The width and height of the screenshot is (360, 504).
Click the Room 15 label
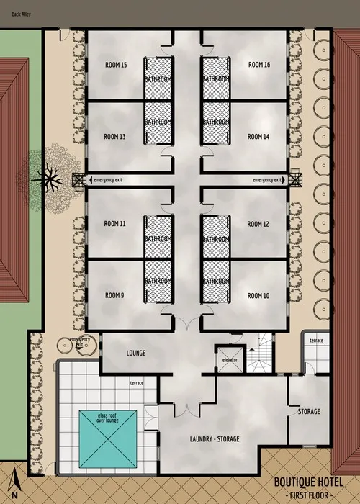tap(114, 65)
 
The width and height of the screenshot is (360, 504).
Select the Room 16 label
tap(258, 65)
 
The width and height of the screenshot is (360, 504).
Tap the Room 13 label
tap(114, 136)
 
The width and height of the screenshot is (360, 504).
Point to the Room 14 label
tap(258, 136)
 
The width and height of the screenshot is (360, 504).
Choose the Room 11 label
tap(114, 224)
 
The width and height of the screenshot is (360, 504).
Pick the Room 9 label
tap(114, 295)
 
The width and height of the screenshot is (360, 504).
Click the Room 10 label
tap(258, 295)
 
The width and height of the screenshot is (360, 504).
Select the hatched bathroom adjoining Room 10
tap(215, 282)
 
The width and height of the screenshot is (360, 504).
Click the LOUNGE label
tap(136, 354)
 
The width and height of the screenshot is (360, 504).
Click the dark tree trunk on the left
tap(51, 175)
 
